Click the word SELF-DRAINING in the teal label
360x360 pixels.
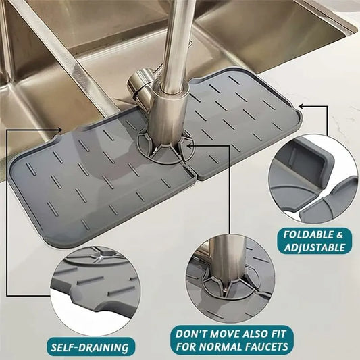pos(90,347)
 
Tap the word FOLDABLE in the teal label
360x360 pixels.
pos(305,235)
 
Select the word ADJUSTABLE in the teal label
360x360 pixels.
pos(315,247)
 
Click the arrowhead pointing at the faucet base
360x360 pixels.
pos(190,145)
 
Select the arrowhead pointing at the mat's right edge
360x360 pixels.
pos(301,106)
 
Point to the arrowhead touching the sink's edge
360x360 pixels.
pos(59,130)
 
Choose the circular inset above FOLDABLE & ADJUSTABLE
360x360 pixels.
pos(313,178)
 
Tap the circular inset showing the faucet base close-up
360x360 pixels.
pos(230,280)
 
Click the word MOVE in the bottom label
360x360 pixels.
pos(226,334)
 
